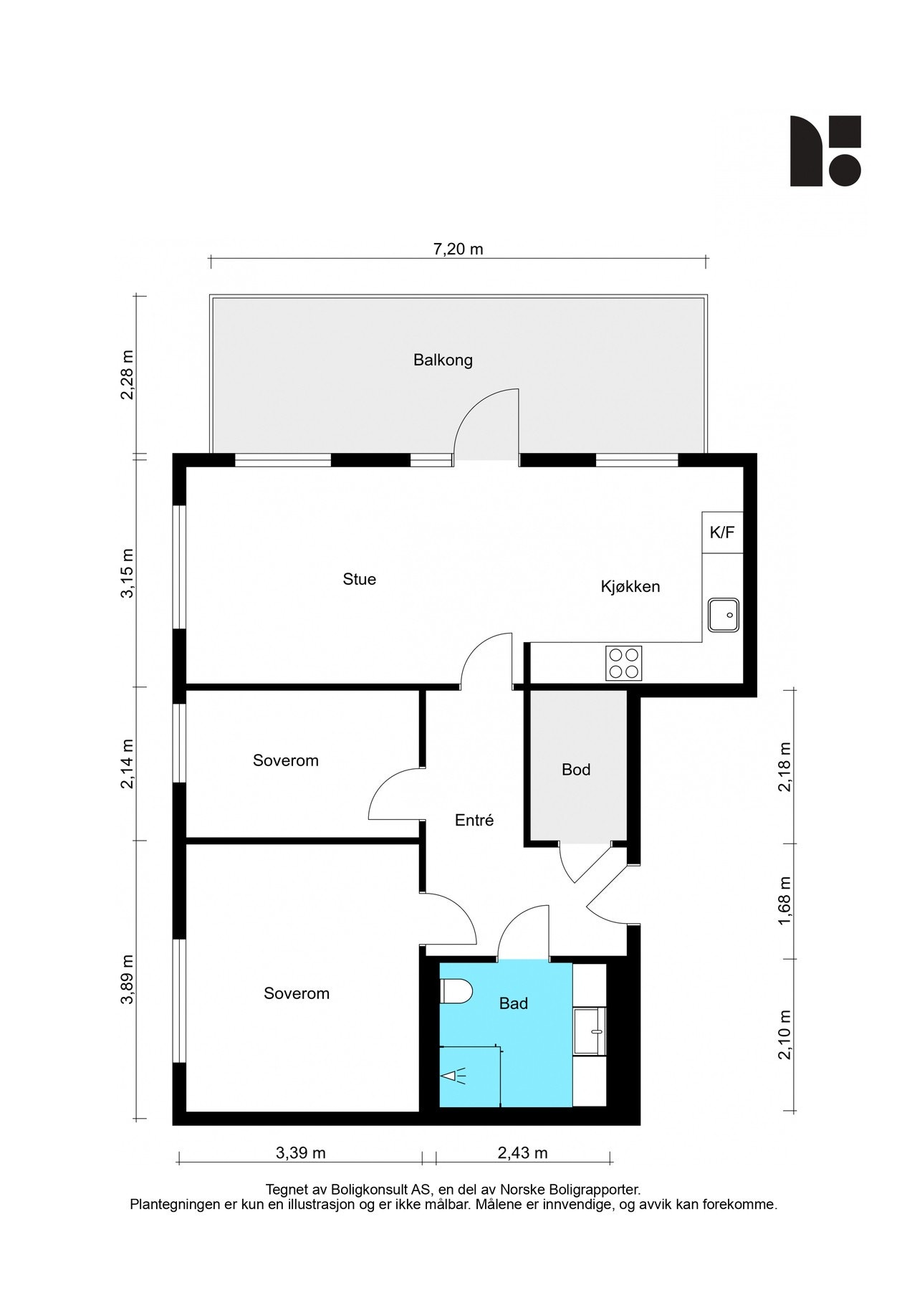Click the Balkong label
coord(443,360)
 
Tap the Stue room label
coord(359,579)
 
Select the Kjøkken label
coord(630,587)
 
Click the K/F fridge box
coord(722,532)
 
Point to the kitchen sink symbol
coord(724,615)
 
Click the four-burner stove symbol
coord(624,663)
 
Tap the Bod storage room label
coord(576,770)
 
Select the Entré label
coord(474,820)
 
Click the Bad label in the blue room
coord(514,1003)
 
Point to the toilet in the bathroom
coord(456,993)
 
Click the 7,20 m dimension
coord(459,249)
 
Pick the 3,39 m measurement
coord(301,1152)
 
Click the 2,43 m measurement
coord(522,1152)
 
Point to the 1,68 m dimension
coord(785,901)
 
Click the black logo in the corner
coord(825,150)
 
